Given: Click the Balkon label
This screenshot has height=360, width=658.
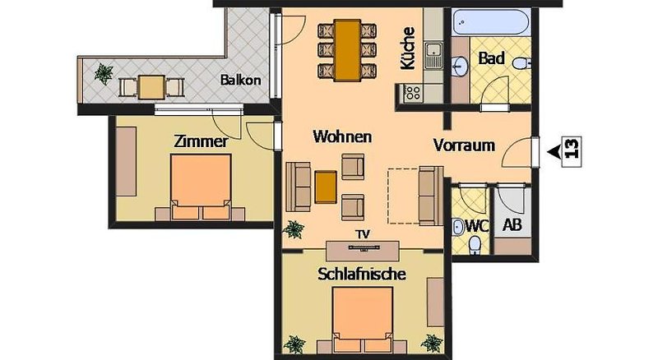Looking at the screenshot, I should [x=240, y=81].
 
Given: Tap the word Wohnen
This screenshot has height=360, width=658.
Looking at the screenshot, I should [x=343, y=136].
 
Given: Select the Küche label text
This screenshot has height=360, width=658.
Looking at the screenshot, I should [x=408, y=48].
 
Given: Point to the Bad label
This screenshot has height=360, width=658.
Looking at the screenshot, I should [x=491, y=60].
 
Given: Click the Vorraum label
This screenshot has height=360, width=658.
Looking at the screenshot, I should [x=464, y=145].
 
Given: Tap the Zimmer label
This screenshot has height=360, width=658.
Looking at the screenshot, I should [x=200, y=141].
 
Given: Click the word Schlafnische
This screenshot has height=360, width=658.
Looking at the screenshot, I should [x=361, y=275].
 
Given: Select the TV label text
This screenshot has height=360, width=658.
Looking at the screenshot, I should [x=362, y=234].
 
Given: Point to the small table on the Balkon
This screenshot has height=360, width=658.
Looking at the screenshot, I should [x=150, y=85].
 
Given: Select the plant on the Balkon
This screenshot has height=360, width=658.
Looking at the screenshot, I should [x=104, y=74].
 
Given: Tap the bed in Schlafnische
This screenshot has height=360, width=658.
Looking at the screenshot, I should [x=363, y=318].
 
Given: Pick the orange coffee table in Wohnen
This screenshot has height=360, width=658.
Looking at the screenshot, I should [x=326, y=187].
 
